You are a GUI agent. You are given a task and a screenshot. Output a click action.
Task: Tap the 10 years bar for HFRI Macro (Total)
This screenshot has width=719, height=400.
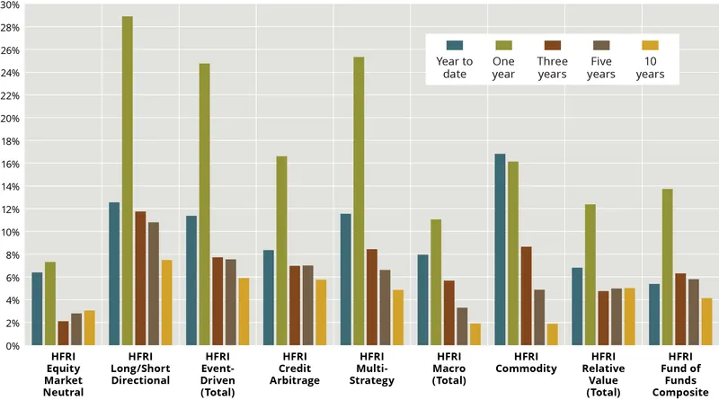475,334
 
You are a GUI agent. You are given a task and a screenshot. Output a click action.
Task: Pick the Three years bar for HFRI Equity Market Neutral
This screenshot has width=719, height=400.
63,333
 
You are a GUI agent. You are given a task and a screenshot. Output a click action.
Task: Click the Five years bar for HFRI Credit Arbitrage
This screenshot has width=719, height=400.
308,306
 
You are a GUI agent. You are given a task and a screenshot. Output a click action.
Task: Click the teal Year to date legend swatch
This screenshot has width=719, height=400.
455,45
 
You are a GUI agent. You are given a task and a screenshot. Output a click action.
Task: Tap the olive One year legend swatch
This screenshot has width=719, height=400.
503,45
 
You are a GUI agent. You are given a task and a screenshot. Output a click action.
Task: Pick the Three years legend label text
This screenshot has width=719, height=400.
552,67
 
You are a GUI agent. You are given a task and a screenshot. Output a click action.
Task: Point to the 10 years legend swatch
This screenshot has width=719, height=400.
650,45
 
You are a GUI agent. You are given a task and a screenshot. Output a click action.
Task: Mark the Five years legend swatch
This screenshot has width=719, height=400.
601,45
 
